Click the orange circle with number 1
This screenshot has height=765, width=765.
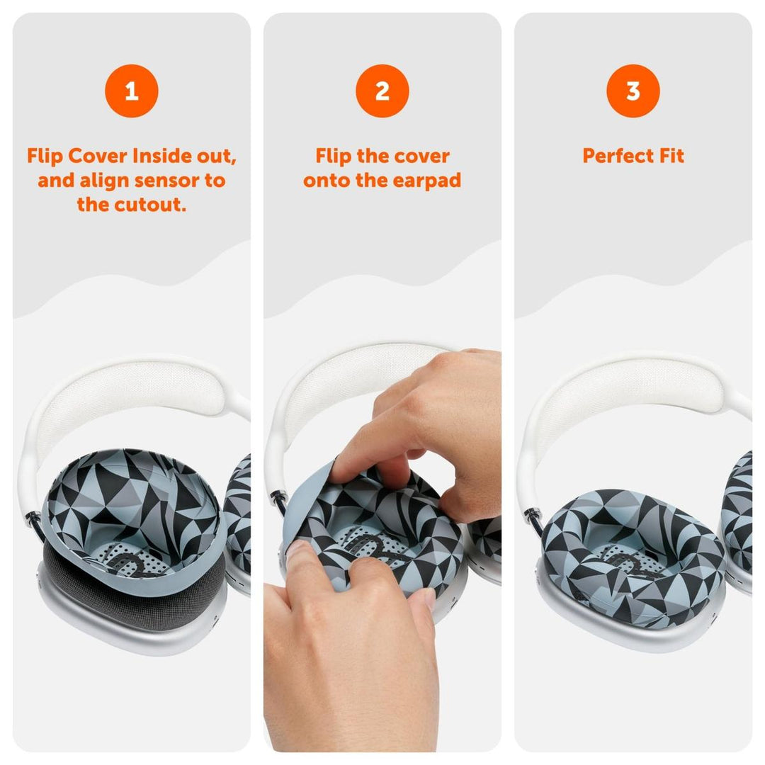(131, 91)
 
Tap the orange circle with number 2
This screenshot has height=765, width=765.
(382, 91)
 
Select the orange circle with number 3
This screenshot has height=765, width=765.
(633, 91)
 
